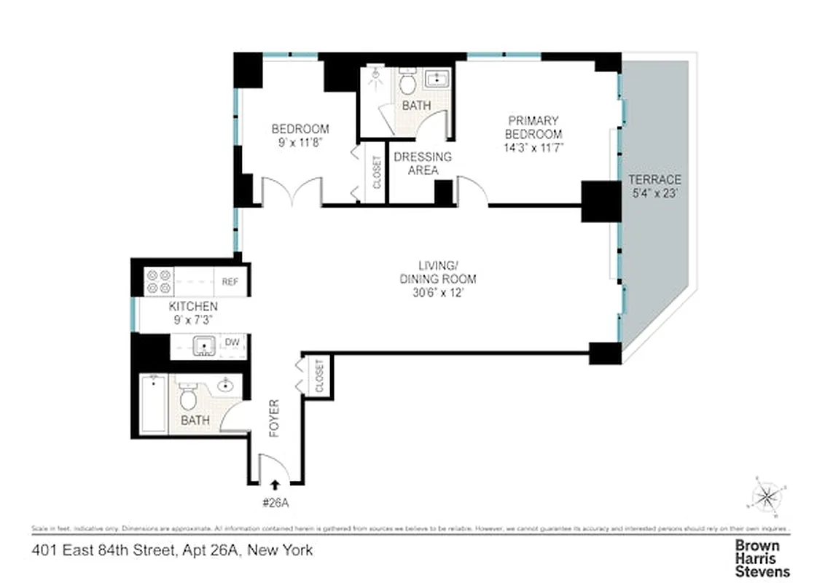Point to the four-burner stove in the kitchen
[x=158, y=281]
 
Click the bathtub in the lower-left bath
[x=153, y=404]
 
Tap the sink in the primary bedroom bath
[x=437, y=79]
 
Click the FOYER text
[x=274, y=418]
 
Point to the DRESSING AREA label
[x=423, y=163]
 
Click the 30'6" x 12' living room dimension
[x=437, y=293]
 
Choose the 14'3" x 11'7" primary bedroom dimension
[x=534, y=147]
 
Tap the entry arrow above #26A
[x=275, y=483]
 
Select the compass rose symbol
[x=766, y=497]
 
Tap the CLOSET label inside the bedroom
[x=377, y=173]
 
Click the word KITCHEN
[x=193, y=307]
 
